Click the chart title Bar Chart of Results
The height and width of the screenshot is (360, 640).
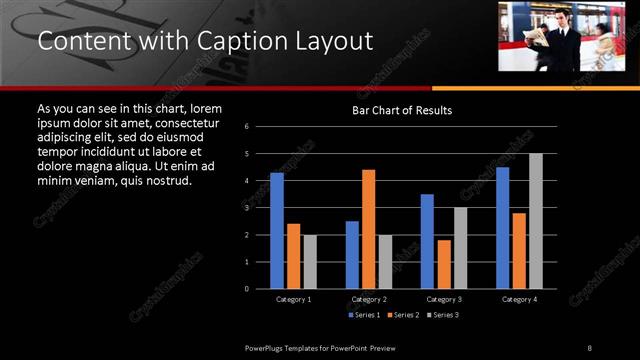pos(402,110)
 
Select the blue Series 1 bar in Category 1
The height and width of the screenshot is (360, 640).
pos(277,231)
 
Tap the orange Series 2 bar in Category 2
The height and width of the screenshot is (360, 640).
pos(368,229)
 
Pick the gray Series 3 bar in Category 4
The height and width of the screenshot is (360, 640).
pos(536,221)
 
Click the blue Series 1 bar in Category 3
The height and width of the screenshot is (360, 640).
pos(427,241)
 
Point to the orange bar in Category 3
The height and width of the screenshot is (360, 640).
pos(443,264)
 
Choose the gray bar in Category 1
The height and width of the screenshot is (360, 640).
pos(310,262)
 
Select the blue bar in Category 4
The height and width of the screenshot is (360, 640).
pos(502,228)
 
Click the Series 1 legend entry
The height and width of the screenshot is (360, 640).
pos(365,315)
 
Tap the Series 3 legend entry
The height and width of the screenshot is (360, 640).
pos(443,315)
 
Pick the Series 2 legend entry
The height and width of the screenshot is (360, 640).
pos(404,315)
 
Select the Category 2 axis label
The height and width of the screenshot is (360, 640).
pos(368,299)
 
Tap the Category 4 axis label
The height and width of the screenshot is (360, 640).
pos(519,299)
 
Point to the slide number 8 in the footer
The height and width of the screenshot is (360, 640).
pos(590,347)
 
